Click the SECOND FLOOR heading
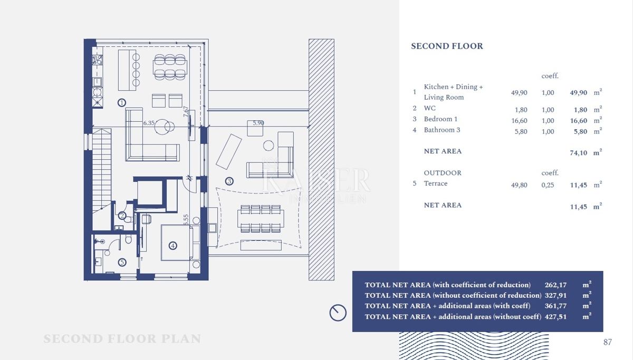click(447, 46)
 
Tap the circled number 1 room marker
click(122, 102)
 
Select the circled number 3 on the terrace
click(229, 181)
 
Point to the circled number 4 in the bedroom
click(172, 245)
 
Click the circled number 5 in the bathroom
click(122, 262)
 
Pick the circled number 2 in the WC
click(122, 216)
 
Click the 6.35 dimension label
click(149, 123)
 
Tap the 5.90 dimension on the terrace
click(258, 123)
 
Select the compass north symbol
click(338, 313)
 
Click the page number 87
click(607, 342)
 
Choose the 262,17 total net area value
click(555, 285)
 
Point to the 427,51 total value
click(555, 317)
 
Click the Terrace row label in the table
click(435, 183)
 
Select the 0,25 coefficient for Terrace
click(548, 185)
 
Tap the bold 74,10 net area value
click(578, 153)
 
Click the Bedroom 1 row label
click(440, 119)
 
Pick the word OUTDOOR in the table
click(442, 173)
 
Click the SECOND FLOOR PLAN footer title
click(122, 339)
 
